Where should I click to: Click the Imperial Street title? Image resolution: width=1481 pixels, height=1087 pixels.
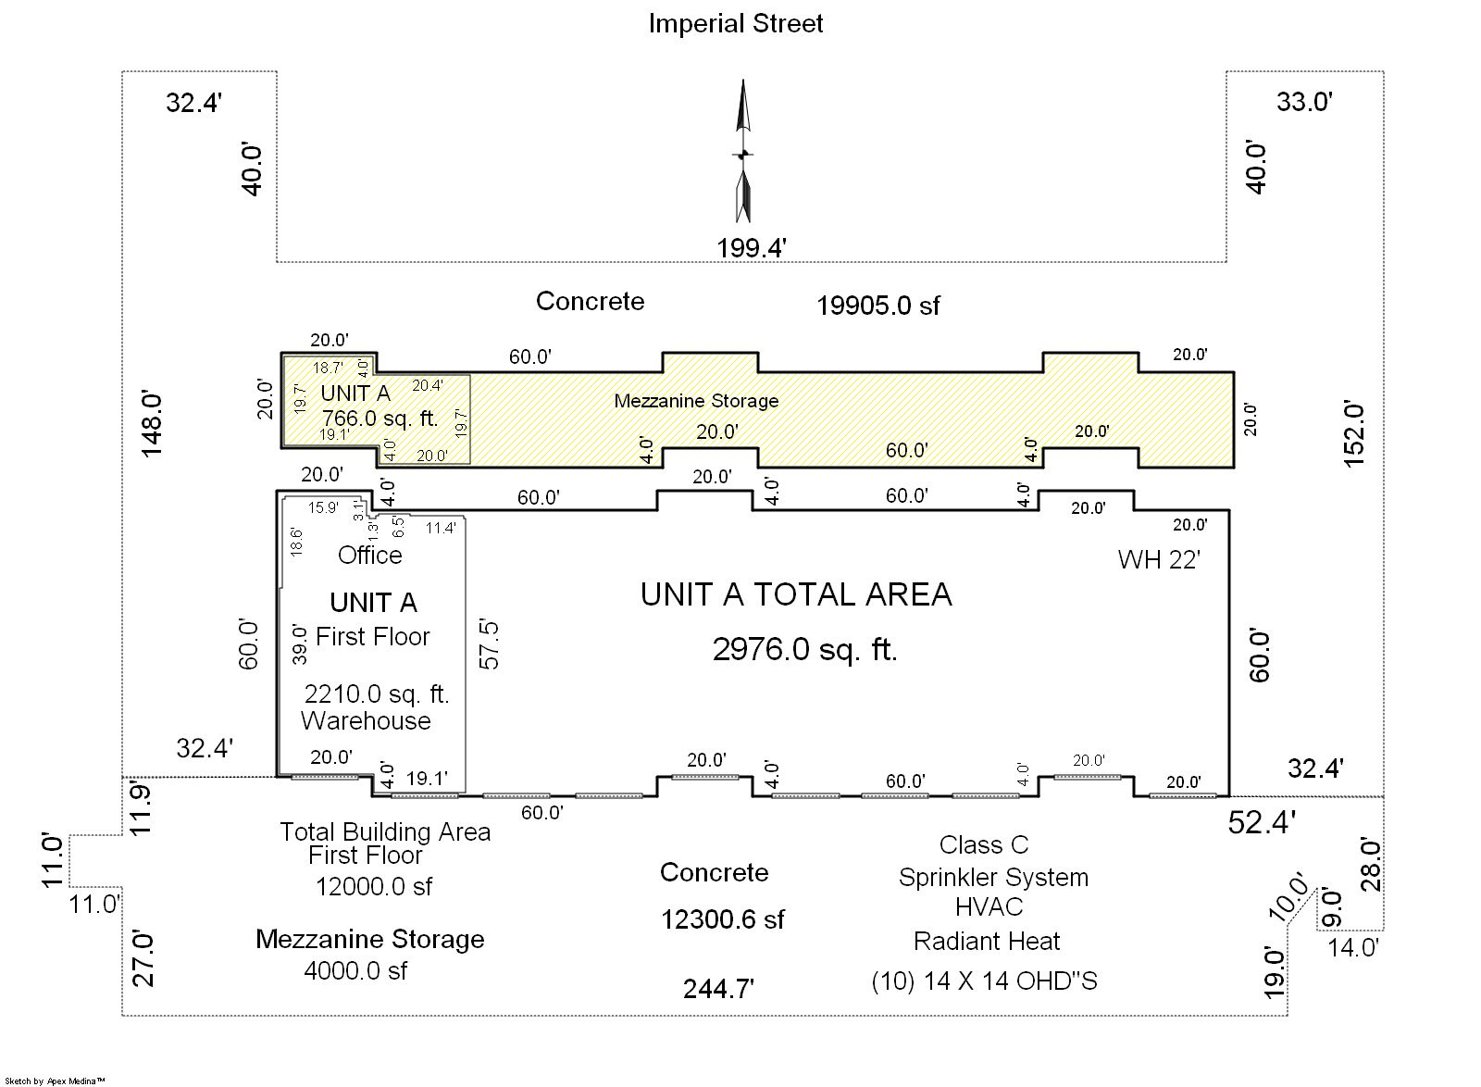tap(735, 24)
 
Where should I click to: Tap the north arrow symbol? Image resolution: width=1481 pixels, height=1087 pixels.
tap(743, 151)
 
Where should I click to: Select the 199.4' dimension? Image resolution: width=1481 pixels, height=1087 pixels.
tap(752, 248)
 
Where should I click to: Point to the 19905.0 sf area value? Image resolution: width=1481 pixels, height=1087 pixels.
tap(878, 306)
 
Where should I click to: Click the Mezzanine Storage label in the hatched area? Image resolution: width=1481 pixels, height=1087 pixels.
tap(696, 401)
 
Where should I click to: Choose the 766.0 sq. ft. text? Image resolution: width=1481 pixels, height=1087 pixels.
tap(380, 419)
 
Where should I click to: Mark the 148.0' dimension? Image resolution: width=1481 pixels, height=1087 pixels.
tap(152, 424)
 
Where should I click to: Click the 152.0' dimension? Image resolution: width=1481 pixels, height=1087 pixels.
tap(1354, 433)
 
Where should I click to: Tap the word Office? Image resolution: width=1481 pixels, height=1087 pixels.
tap(369, 555)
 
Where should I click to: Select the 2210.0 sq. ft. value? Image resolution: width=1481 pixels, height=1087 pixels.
tap(377, 694)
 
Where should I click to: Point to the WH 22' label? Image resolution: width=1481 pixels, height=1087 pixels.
tap(1159, 560)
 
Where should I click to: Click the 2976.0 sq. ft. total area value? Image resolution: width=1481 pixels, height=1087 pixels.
tap(804, 650)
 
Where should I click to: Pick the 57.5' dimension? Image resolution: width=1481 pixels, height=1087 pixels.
tap(490, 645)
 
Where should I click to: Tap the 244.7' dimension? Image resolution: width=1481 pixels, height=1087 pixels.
tap(718, 989)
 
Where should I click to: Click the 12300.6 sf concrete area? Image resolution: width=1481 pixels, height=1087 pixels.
tap(723, 919)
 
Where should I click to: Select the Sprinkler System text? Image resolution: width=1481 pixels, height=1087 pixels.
tap(993, 878)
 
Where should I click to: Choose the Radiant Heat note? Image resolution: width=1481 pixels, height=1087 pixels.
tap(987, 941)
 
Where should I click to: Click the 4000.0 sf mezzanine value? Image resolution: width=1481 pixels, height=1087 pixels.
tap(355, 970)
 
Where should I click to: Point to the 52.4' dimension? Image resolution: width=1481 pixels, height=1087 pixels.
tap(1262, 822)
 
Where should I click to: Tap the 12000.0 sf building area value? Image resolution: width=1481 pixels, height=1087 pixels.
tap(374, 887)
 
